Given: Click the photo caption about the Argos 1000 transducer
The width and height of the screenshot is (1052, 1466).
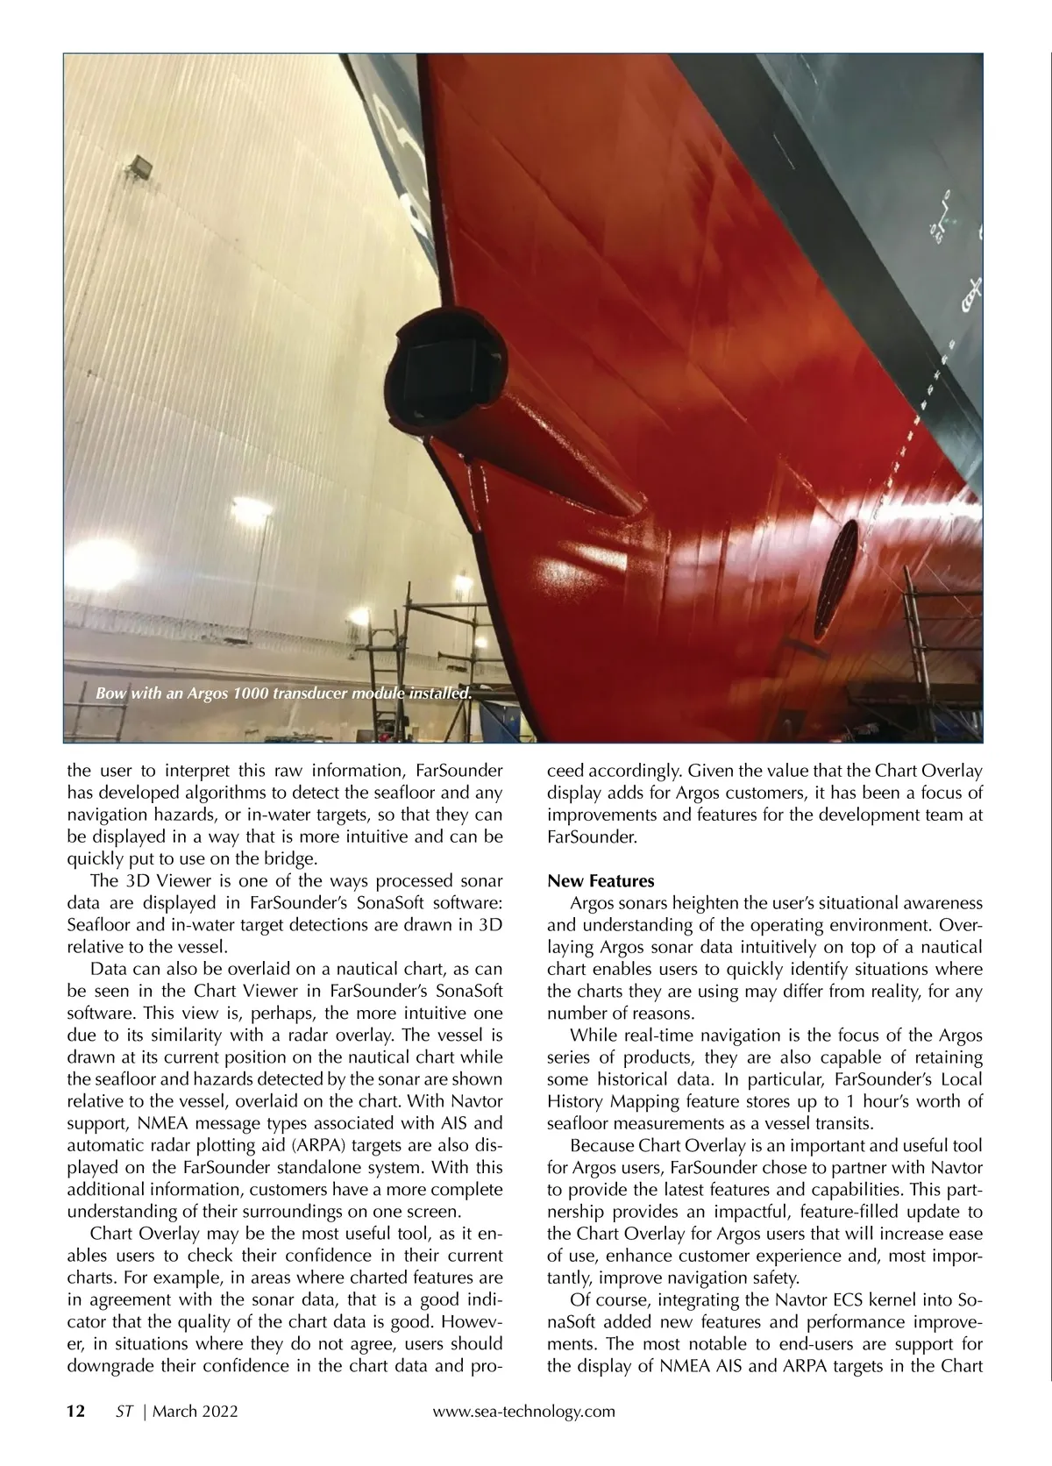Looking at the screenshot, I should (284, 694).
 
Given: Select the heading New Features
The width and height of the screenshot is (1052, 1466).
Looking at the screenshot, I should (601, 880).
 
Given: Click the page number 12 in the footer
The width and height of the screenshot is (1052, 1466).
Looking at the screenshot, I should (76, 1411).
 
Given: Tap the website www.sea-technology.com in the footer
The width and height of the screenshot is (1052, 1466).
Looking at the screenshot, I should (524, 1411).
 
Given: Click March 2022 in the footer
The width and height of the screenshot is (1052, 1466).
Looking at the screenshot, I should (195, 1411).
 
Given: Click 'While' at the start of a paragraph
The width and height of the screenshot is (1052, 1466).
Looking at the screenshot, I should (593, 1035).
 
